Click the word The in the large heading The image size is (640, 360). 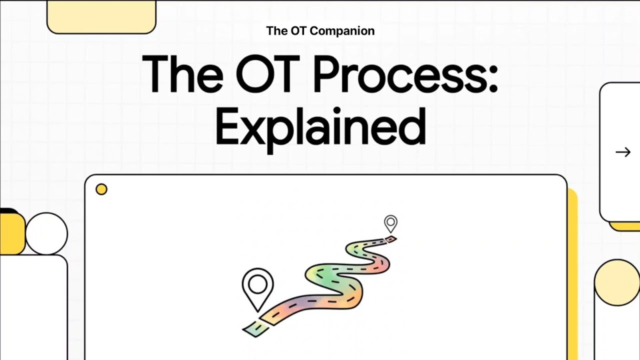point(182,74)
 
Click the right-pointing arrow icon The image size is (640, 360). point(623,152)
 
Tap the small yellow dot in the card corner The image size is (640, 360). point(101,189)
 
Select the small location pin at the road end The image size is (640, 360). point(390,223)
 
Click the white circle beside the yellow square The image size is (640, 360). point(46,233)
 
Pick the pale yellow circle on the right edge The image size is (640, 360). point(617,282)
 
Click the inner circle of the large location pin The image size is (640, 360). point(257,284)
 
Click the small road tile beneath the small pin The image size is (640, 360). point(391,239)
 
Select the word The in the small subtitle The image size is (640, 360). point(276,31)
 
